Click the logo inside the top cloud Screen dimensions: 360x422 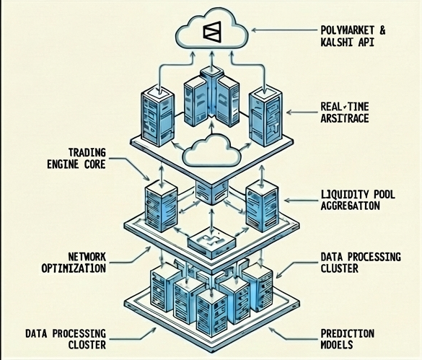(x=212, y=31)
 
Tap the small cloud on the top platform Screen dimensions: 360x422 (x=211, y=149)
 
